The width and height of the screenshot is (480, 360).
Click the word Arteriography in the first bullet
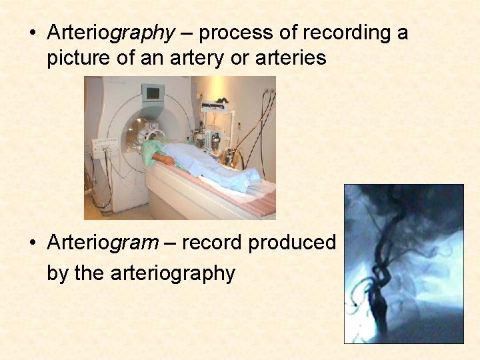click(111, 33)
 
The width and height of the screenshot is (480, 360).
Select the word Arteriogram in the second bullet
click(103, 243)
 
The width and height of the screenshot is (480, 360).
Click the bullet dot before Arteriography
click(33, 33)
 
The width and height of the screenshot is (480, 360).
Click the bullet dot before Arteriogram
click(33, 243)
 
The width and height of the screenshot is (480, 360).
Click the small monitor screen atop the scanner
click(154, 93)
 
